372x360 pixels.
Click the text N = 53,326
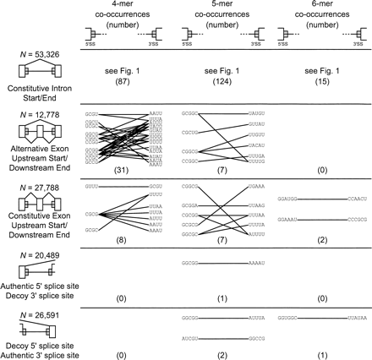(35, 57)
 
